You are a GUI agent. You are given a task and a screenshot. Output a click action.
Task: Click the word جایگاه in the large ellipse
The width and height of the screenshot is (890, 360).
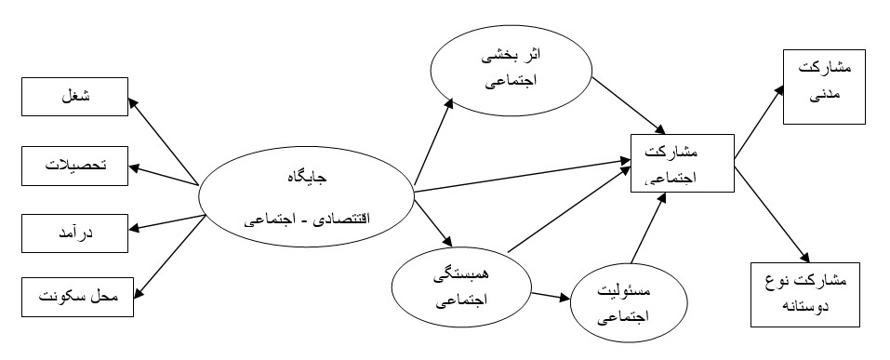[306, 175]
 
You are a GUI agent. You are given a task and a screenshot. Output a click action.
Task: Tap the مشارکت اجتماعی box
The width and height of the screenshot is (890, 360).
[682, 163]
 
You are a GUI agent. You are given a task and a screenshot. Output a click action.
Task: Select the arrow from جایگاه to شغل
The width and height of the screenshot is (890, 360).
[166, 140]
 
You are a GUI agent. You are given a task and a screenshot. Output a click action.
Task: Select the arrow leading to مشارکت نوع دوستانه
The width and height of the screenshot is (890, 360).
[767, 210]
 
